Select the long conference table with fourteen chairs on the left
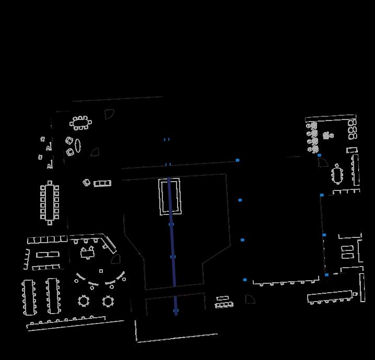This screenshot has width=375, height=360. pyautogui.click(x=50, y=202)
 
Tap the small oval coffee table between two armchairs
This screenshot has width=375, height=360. pyautogui.click(x=77, y=145)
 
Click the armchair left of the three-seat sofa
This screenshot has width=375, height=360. pyautogui.click(x=87, y=182)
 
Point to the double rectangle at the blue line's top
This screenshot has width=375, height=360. pyautogui.click(x=170, y=196)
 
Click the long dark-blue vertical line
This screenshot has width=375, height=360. pyautogui.click(x=172, y=245)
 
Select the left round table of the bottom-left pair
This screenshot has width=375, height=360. pyautogui.click(x=84, y=301)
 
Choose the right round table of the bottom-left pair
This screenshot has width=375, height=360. pyautogui.click(x=108, y=301)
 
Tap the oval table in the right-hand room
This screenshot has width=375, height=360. pyautogui.click(x=338, y=175)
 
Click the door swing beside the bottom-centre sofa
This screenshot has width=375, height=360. pyautogui.click(x=250, y=298)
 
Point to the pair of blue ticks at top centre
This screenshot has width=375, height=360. pyautogui.click(x=167, y=139)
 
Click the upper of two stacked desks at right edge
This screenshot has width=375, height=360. pyautogui.click(x=347, y=248)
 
